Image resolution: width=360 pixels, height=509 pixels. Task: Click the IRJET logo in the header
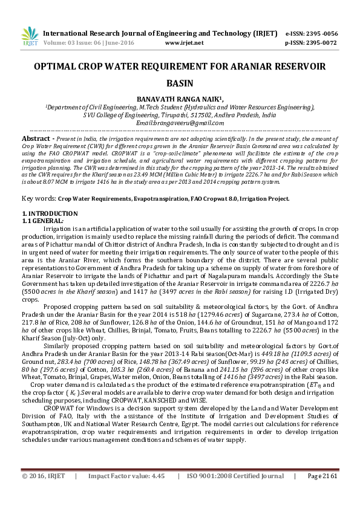[27, 37]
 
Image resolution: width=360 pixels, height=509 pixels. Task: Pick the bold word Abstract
[35, 138]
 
